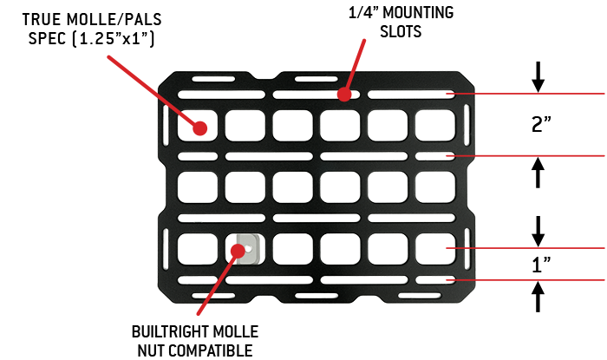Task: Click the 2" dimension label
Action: [x=541, y=124]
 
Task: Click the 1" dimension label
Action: [x=541, y=265]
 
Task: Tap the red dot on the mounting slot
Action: [x=343, y=94]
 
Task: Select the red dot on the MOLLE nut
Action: [x=238, y=251]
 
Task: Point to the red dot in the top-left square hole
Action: [x=199, y=128]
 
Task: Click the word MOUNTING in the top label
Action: [x=418, y=12]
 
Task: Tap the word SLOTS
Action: [x=401, y=31]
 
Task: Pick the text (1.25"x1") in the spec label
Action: [x=113, y=39]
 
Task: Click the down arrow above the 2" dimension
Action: [x=538, y=76]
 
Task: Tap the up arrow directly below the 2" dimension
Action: [x=538, y=173]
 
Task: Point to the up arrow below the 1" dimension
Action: [x=538, y=297]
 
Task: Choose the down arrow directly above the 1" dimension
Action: [x=538, y=231]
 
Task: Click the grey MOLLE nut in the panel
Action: [x=248, y=249]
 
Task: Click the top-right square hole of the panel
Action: [x=435, y=126]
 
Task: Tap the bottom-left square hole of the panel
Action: [x=198, y=249]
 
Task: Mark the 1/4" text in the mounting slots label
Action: [x=363, y=12]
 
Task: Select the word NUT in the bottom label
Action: [x=151, y=350]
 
